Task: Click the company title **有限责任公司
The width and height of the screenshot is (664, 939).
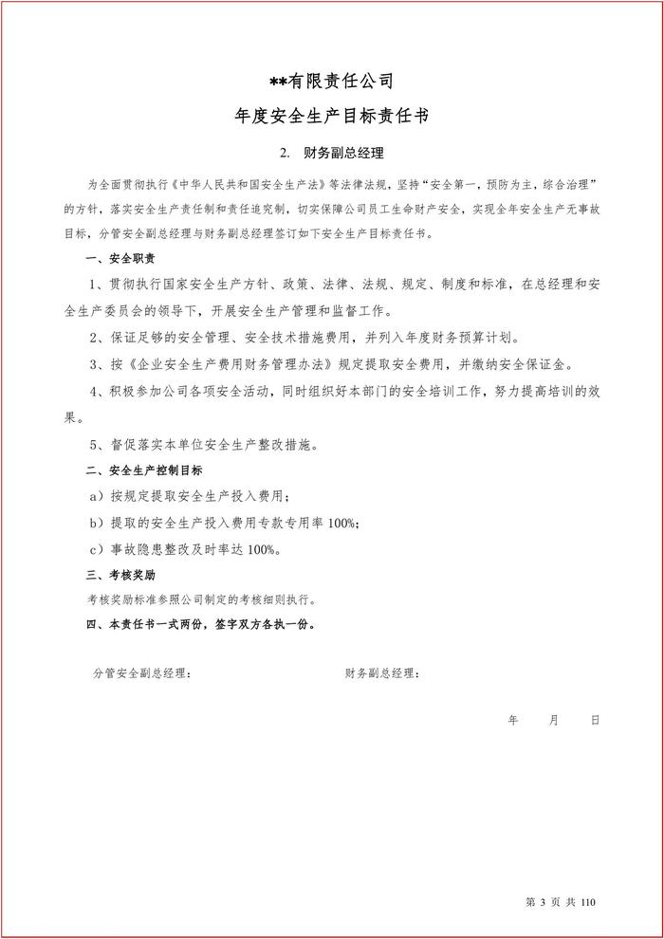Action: click(332, 82)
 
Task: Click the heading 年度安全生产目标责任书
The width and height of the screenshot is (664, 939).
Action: click(332, 117)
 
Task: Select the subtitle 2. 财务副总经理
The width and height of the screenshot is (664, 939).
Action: click(332, 153)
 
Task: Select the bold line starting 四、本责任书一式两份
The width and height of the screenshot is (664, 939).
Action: click(200, 625)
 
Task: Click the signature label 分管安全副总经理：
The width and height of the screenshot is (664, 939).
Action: click(141, 673)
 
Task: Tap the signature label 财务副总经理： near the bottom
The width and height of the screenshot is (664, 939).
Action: click(382, 673)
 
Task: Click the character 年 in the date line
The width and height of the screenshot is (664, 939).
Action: click(513, 720)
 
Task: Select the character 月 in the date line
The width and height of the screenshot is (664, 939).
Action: click(554, 720)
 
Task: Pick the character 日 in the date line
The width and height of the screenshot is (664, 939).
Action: click(595, 720)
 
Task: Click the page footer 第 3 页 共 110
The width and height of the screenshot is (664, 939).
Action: click(559, 901)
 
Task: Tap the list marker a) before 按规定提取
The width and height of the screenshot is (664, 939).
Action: click(95, 496)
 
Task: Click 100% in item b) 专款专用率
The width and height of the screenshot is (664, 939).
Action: click(342, 523)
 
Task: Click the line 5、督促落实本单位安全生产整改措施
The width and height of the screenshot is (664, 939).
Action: click(204, 443)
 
